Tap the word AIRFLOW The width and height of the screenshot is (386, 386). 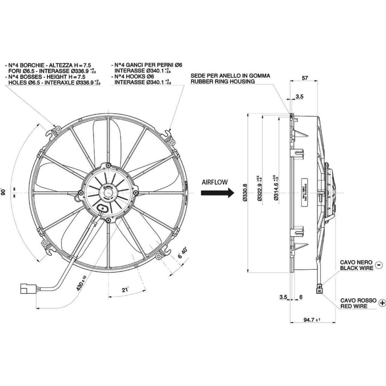pyautogui.click(x=215, y=182)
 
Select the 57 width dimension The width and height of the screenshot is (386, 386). pyautogui.click(x=305, y=78)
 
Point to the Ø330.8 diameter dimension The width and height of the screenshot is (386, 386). pyautogui.click(x=245, y=192)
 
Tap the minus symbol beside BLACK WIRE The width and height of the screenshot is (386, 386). pyautogui.click(x=379, y=265)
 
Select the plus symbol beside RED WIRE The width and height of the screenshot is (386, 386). pyautogui.click(x=382, y=303)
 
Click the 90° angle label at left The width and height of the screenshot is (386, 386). pyautogui.click(x=3, y=192)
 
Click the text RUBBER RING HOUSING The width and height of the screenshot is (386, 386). pyautogui.click(x=222, y=81)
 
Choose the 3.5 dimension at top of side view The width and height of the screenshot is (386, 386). pyautogui.click(x=299, y=97)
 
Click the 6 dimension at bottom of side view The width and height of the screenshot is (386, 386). pyautogui.click(x=301, y=297)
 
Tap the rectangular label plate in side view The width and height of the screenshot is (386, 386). pyautogui.click(x=305, y=192)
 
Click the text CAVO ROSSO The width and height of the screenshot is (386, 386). pyautogui.click(x=358, y=300)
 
